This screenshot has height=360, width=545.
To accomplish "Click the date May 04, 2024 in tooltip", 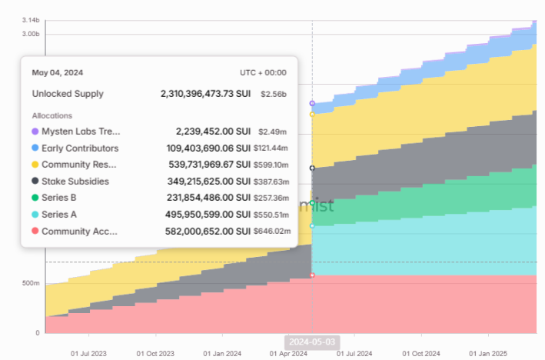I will (57, 72).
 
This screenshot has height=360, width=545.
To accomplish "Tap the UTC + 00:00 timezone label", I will (263, 72).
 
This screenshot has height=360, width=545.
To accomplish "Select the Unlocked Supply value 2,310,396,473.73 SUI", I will (205, 94).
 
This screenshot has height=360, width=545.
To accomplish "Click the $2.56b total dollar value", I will (273, 94).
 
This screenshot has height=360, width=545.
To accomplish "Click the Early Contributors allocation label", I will (80, 148).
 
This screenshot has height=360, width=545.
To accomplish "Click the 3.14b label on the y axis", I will (31, 19).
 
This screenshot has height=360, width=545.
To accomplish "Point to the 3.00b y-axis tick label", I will (30, 35).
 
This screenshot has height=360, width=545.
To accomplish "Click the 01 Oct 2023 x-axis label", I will (155, 353).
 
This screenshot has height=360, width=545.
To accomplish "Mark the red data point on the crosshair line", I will (312, 275).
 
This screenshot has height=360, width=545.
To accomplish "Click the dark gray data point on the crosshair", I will (312, 168).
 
